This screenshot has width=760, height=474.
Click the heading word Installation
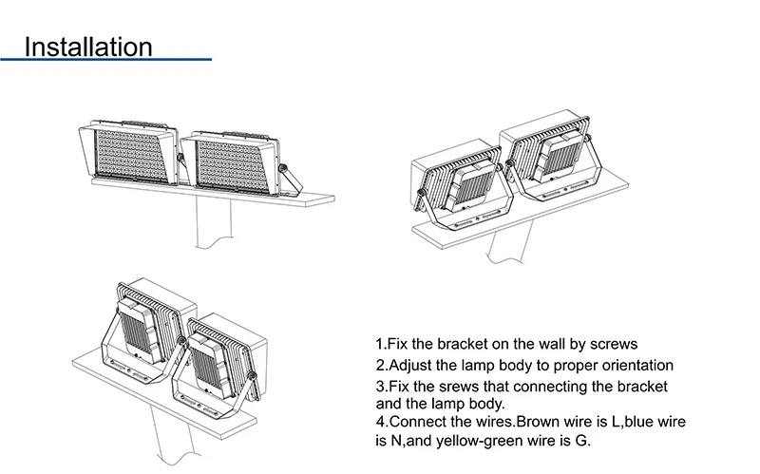tap(88, 47)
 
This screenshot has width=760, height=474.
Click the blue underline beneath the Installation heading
tap(105, 60)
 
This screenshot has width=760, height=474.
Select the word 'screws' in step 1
tap(613, 344)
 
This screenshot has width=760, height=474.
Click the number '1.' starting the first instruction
tap(382, 344)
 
